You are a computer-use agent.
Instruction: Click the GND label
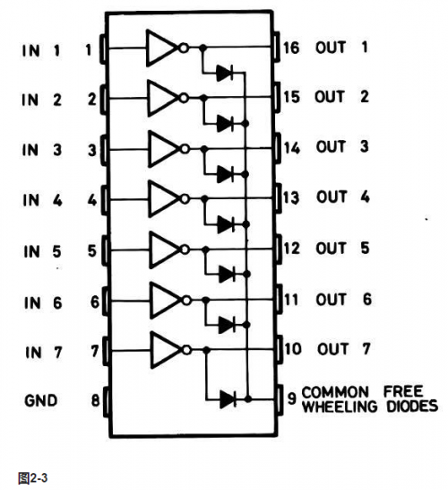pyautogui.click(x=41, y=400)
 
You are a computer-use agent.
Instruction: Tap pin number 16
pyautogui.click(x=291, y=48)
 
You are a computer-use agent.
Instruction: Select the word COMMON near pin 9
pyautogui.click(x=335, y=392)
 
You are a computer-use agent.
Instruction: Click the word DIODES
pyautogui.click(x=412, y=407)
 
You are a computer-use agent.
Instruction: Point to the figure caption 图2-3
pyautogui.click(x=33, y=477)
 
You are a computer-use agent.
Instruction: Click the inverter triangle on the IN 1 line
pyautogui.click(x=162, y=48)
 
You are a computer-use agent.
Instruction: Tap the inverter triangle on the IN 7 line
pyautogui.click(x=166, y=350)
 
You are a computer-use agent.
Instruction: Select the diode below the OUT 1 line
pyautogui.click(x=224, y=73)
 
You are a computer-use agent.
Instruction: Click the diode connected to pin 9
pyautogui.click(x=228, y=399)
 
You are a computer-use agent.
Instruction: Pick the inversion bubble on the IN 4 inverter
pyautogui.click(x=185, y=198)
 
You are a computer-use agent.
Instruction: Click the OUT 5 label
pyautogui.click(x=342, y=248)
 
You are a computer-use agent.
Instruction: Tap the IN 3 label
pyautogui.click(x=42, y=150)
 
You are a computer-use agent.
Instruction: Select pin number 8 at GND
pyautogui.click(x=95, y=400)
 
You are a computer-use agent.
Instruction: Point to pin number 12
pyautogui.click(x=292, y=249)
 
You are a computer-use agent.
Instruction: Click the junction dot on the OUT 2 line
pyautogui.click(x=203, y=98)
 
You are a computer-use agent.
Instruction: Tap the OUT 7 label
pyautogui.click(x=344, y=349)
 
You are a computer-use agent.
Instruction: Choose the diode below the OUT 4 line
pyautogui.click(x=226, y=224)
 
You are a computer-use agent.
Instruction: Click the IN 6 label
pyautogui.click(x=43, y=302)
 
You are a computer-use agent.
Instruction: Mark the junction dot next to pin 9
pyautogui.click(x=248, y=399)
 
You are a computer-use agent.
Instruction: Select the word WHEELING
pyautogui.click(x=340, y=407)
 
